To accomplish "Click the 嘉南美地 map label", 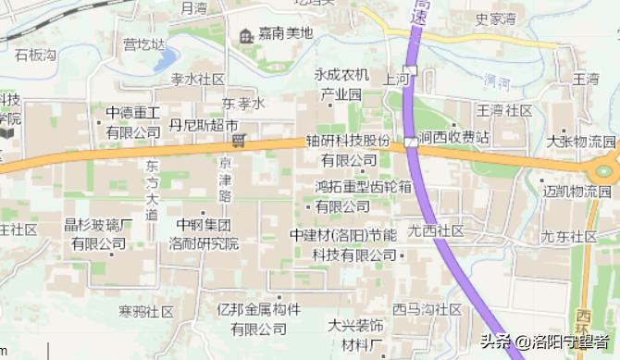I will click(x=286, y=34).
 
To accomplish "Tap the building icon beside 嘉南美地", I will click(x=247, y=35).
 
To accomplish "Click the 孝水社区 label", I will click(x=197, y=79).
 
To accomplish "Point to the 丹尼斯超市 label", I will click(x=204, y=124).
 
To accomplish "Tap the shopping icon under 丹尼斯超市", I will click(x=238, y=141).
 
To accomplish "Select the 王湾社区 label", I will click(x=504, y=110).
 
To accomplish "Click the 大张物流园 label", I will click(x=580, y=141).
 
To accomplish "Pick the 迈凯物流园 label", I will click(x=577, y=192).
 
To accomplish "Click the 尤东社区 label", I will click(x=569, y=236).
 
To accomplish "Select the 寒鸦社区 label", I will click(x=146, y=311).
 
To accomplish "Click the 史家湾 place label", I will click(x=495, y=18).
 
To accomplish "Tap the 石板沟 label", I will click(x=35, y=55).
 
